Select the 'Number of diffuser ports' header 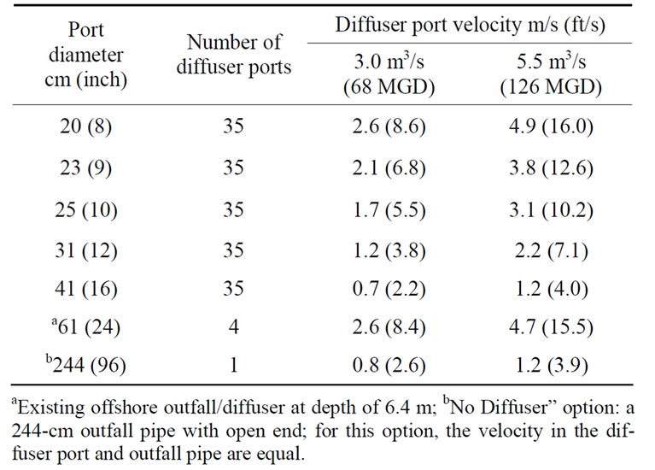234,55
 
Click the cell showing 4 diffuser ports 234,326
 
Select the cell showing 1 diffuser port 234,367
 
